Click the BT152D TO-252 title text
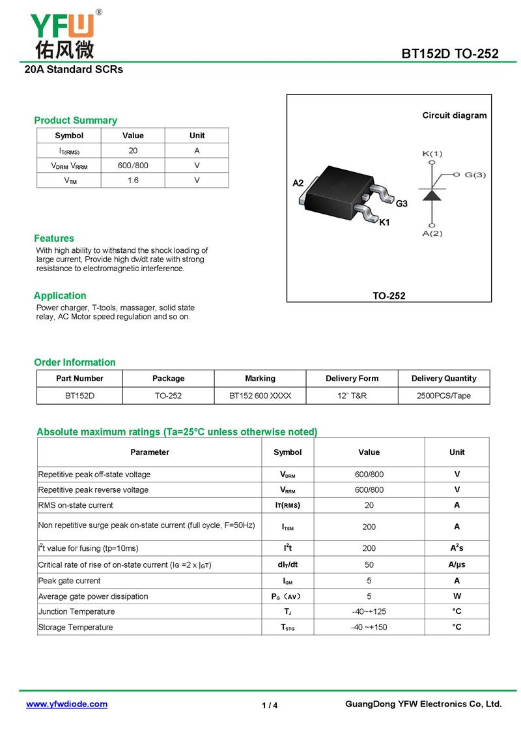(x=450, y=54)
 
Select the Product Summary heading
(x=76, y=121)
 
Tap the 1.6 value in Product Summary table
(x=133, y=181)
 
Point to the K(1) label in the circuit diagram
(x=432, y=154)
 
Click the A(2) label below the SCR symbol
(x=432, y=233)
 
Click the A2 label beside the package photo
(x=298, y=183)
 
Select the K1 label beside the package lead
(x=384, y=222)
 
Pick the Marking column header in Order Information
(x=260, y=379)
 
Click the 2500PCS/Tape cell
(x=444, y=396)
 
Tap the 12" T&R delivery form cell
(x=352, y=396)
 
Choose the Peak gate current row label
(x=70, y=581)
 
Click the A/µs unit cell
(x=457, y=565)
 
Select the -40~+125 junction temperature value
(x=369, y=611)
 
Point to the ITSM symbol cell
(x=287, y=527)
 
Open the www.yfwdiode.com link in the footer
(x=66, y=704)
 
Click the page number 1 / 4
(x=270, y=705)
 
